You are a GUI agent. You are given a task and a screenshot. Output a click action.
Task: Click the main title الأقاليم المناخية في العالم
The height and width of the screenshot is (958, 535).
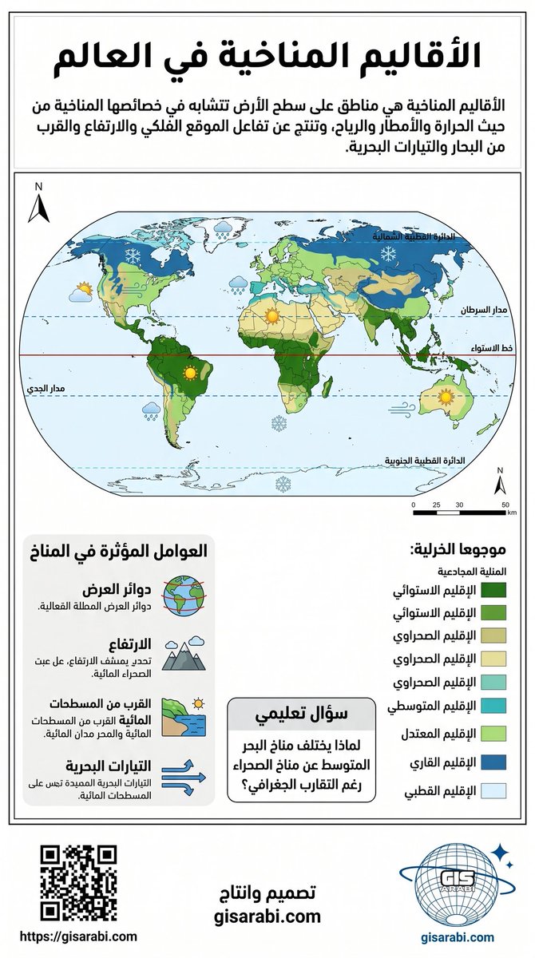267,57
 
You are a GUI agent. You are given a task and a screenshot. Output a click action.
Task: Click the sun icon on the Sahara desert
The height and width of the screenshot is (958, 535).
274,316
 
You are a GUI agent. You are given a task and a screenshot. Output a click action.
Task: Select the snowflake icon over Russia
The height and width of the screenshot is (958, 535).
389,254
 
